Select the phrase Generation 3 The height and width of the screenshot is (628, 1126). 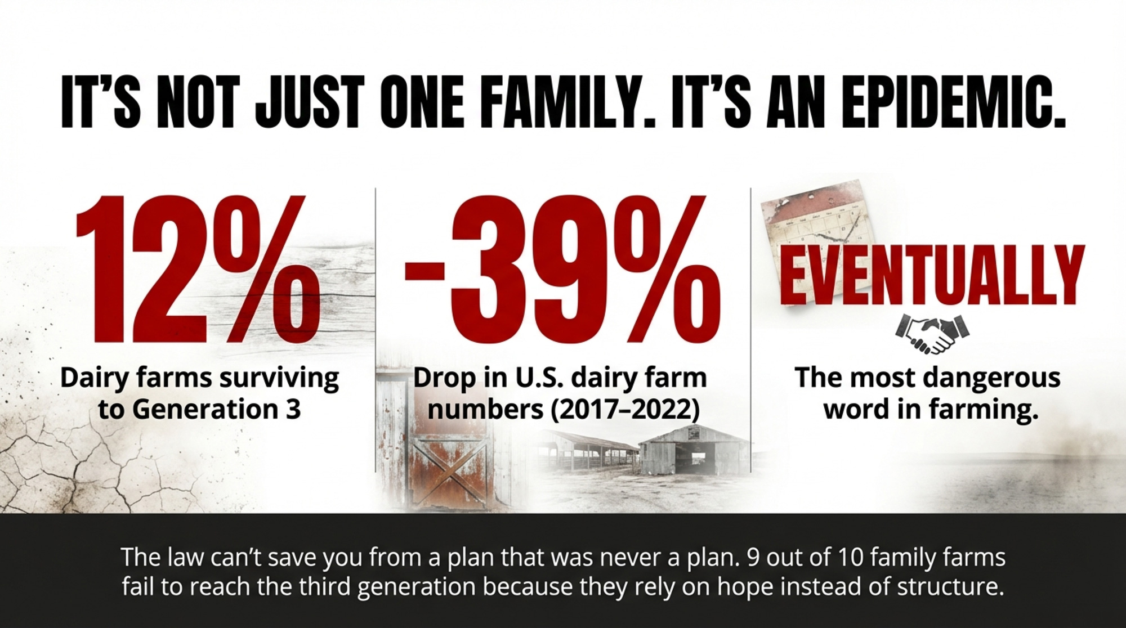pos(217,409)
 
